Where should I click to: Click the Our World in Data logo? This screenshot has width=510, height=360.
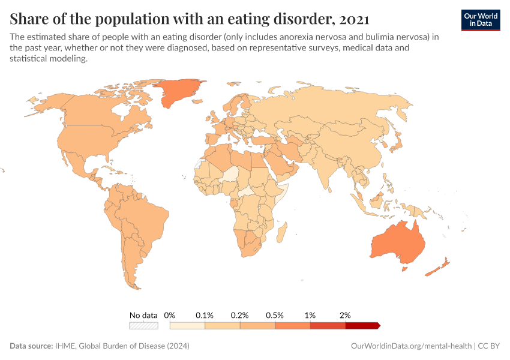coord(480,19)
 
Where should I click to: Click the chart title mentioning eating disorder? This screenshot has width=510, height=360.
coord(189,19)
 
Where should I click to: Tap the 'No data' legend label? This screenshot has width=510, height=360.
coord(143,315)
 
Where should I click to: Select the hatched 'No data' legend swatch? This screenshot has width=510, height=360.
coord(143,326)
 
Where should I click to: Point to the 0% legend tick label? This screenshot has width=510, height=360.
coord(170,315)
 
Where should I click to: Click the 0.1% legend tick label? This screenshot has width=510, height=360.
coord(205,315)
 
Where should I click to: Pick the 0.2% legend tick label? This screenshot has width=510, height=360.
coord(240,315)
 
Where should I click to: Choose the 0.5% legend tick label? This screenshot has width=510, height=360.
coord(275,315)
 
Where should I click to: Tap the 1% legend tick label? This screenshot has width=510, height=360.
coord(310,315)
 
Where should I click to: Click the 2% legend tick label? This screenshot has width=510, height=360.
coord(345,315)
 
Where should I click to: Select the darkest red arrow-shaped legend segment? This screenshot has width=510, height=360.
coord(362,326)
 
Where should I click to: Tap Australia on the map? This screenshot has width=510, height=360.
coord(397,243)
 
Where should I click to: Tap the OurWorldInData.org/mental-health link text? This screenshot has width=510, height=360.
coord(410,346)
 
